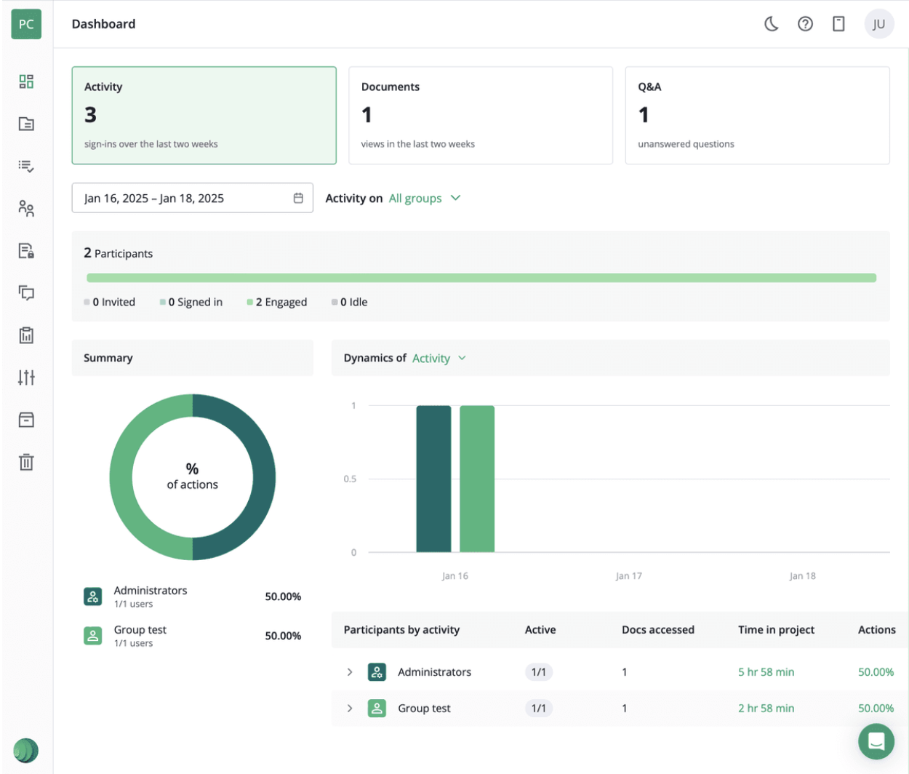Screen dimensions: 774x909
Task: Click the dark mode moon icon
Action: coord(772,24)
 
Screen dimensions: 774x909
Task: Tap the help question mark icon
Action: coord(805,24)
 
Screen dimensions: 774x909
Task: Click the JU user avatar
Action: coord(878,24)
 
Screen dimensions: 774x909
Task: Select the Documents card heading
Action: coord(390,87)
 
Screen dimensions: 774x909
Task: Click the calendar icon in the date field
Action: coord(298,198)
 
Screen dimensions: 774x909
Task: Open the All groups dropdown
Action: coord(425,198)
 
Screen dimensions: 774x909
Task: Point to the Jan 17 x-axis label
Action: coord(628,575)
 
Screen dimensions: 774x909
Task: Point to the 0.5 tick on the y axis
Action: coord(350,479)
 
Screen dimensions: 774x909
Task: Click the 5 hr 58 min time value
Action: coord(766,672)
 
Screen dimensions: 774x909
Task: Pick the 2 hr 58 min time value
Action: coord(766,708)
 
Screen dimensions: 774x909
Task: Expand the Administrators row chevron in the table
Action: coord(350,672)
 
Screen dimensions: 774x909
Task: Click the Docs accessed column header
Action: coord(657,630)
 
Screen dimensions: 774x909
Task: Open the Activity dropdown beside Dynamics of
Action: coord(439,358)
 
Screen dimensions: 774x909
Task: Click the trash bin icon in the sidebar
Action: coord(26,462)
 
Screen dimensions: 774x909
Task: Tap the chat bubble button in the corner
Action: coord(876,741)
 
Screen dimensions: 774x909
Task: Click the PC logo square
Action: coord(26,24)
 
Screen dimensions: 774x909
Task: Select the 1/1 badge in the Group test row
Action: coord(538,708)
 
